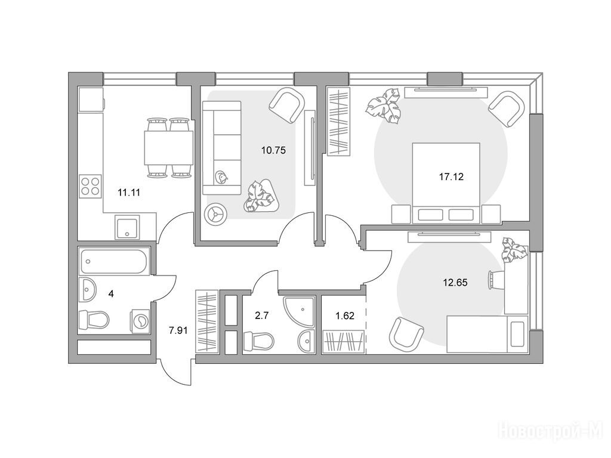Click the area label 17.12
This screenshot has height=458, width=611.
[451, 177]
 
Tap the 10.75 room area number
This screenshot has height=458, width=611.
[273, 150]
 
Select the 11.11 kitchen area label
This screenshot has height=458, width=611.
[129, 192]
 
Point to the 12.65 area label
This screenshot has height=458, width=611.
[455, 282]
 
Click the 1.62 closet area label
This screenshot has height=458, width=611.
[345, 315]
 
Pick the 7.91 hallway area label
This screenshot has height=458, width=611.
[178, 330]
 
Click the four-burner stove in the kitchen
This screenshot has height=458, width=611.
[91, 185]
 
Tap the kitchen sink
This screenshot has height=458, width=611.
[127, 227]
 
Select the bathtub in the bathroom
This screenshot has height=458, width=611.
[113, 262]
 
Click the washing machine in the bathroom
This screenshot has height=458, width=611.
[140, 321]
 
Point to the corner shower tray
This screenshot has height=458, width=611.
[298, 311]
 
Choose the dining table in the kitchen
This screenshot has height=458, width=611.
[169, 148]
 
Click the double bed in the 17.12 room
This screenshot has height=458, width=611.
[446, 183]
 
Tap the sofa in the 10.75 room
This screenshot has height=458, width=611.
[222, 148]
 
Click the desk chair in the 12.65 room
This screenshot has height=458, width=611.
[495, 280]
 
